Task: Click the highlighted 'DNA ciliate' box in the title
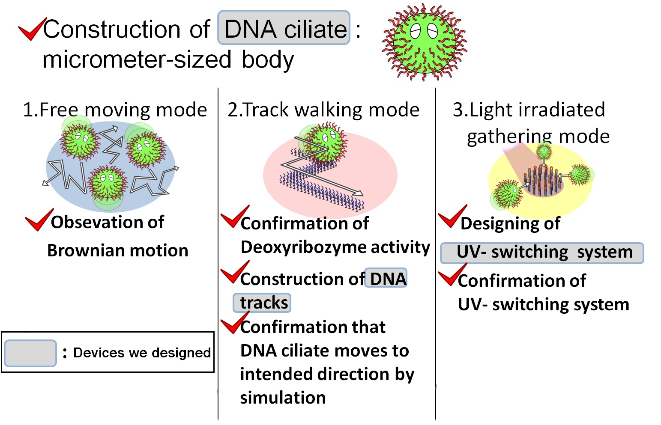click(x=284, y=28)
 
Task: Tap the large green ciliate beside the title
click(x=424, y=42)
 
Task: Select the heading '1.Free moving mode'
click(x=114, y=110)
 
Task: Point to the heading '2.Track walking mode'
click(x=323, y=110)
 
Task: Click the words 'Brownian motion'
click(x=117, y=250)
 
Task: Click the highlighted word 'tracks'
click(x=262, y=303)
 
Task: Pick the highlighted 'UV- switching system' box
click(x=542, y=253)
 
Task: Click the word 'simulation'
click(x=283, y=398)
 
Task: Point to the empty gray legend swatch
click(x=30, y=353)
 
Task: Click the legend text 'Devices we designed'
click(x=142, y=353)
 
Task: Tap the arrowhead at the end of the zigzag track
click(x=359, y=193)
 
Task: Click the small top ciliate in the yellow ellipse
click(x=544, y=151)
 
